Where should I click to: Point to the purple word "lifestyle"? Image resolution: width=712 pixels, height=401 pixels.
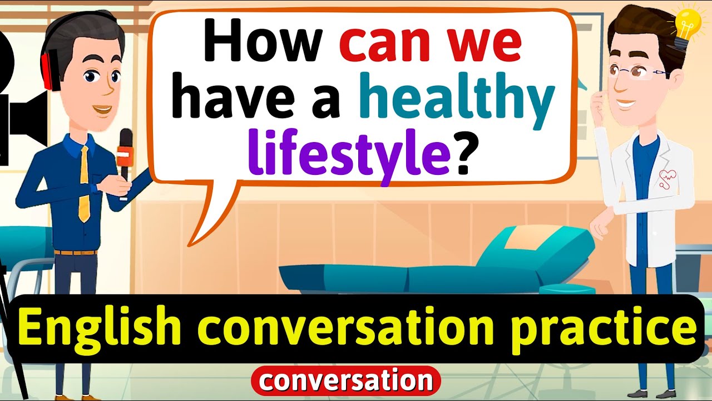349,152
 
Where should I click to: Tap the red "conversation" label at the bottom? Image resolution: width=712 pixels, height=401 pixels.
346,380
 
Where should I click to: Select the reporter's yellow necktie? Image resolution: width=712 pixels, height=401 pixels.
84,184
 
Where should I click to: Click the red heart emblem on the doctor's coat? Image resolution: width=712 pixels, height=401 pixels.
667,179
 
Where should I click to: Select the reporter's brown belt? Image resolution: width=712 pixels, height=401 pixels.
76,252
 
